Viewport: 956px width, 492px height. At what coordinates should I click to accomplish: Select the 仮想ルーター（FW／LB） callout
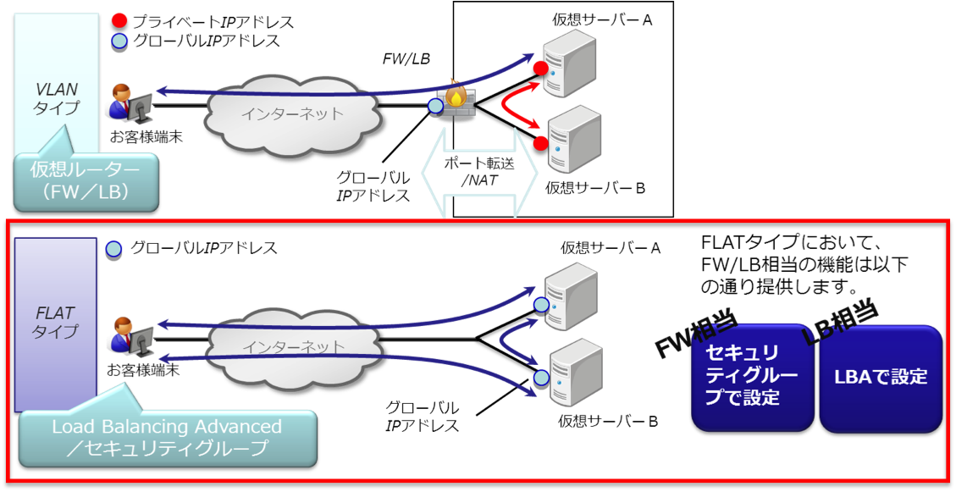pos(87,182)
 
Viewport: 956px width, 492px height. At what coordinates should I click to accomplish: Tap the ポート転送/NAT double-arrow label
pos(479,173)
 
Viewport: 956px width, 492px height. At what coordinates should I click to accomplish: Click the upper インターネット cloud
pos(291,110)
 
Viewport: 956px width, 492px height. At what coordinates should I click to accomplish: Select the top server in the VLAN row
pos(568,63)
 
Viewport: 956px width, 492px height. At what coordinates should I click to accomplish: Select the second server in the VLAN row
pos(573,139)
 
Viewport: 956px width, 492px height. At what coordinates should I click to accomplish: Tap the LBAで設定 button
pos(880,378)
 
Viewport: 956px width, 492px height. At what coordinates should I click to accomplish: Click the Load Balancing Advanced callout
pos(168,437)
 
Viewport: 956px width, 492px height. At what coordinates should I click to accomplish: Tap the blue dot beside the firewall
pos(436,106)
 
